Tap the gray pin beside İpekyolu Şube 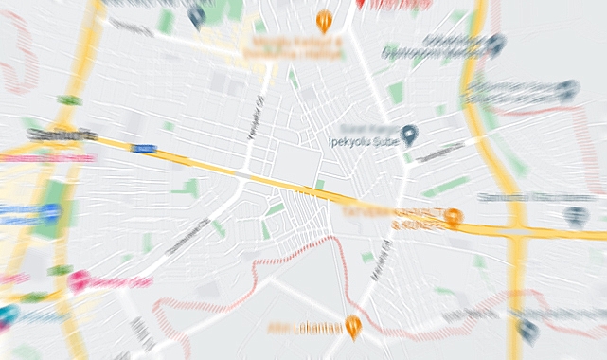click(409, 135)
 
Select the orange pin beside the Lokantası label click(353, 327)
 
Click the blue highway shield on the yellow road click(143, 149)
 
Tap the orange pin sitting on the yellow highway click(454, 218)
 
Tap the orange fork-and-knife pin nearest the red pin click(324, 18)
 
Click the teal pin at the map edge click(7, 315)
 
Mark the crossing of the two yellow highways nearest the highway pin click(516, 231)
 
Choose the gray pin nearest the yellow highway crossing click(576, 217)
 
